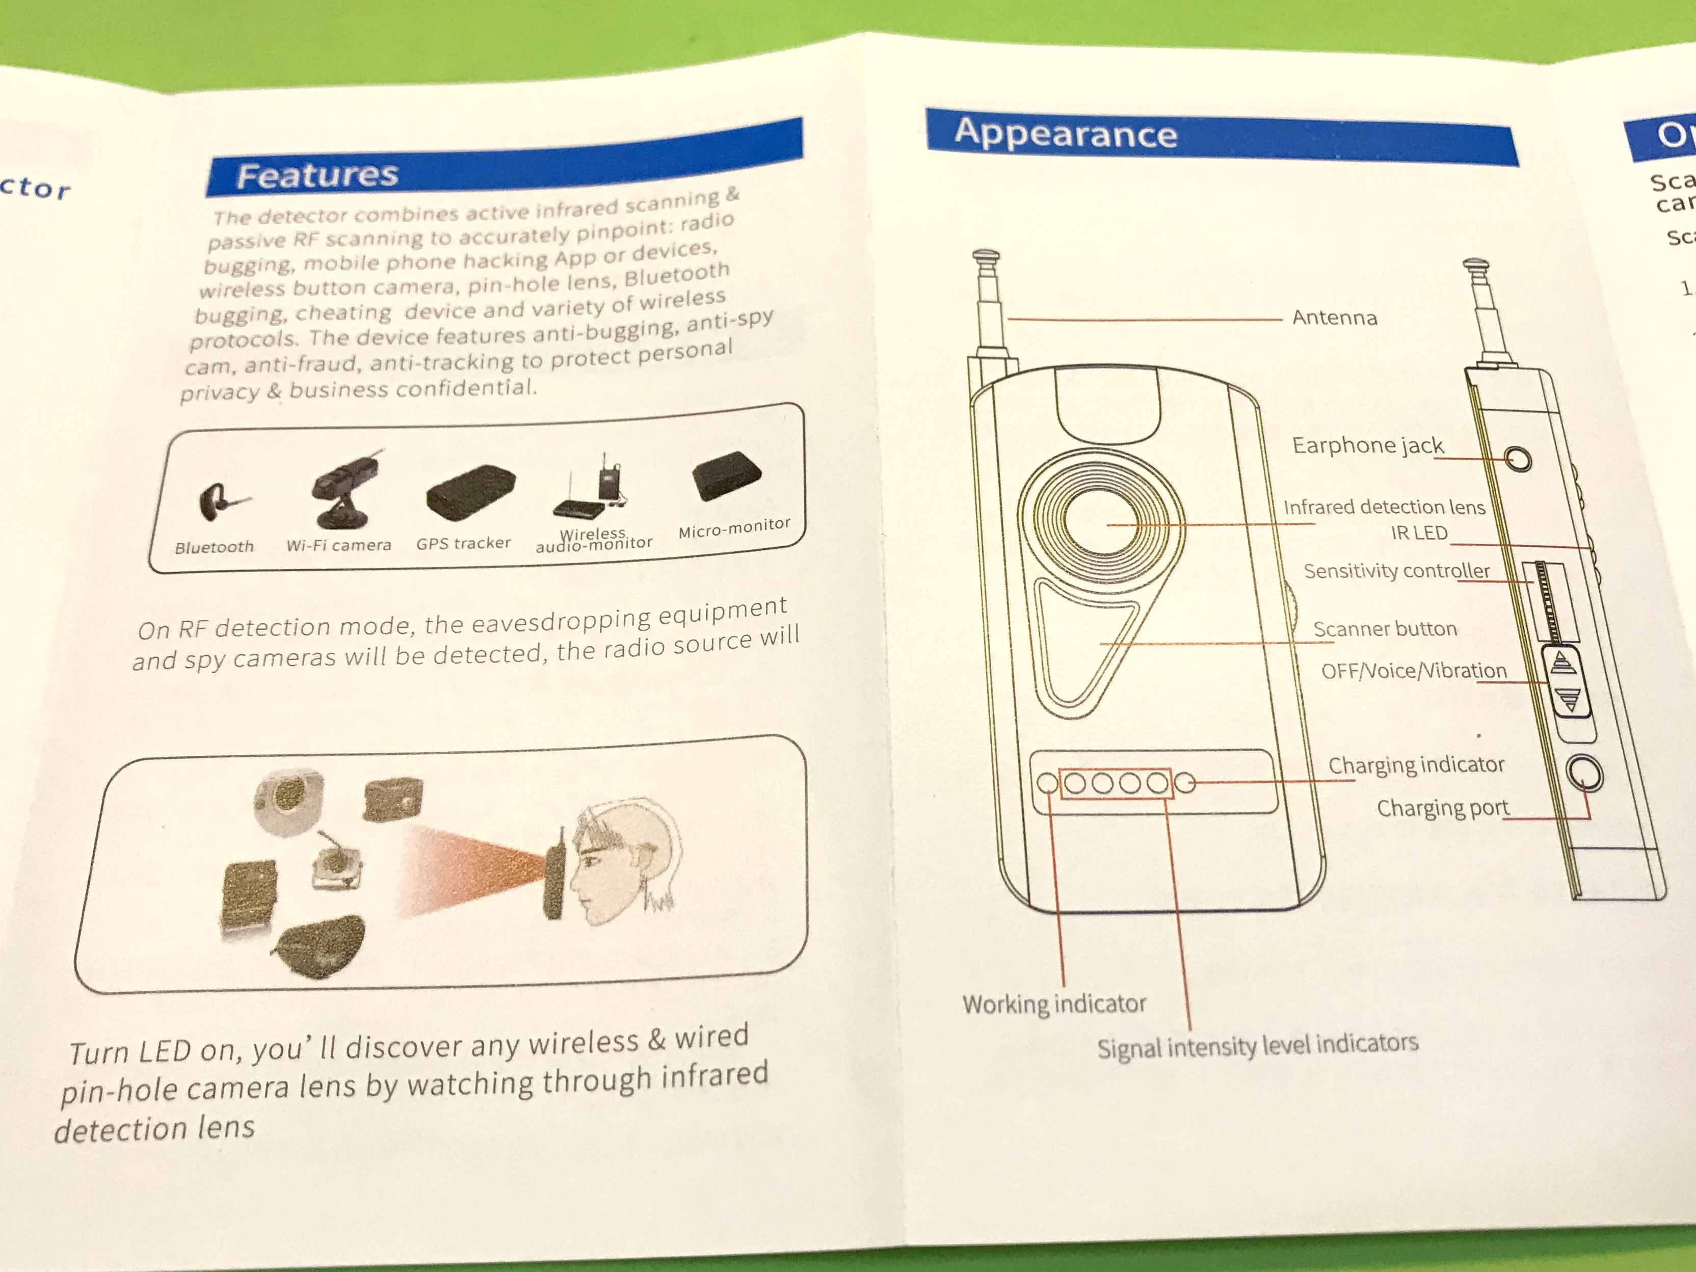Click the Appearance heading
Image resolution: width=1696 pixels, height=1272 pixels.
[1065, 134]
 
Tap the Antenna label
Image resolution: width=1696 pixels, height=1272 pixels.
[1334, 317]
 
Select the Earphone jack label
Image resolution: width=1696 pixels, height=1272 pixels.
[1367, 445]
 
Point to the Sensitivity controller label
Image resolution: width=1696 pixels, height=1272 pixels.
[1396, 571]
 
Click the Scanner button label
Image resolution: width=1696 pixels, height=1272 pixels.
[1385, 629]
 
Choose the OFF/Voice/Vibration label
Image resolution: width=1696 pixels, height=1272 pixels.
[1414, 671]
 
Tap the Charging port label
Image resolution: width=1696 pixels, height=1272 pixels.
[1442, 808]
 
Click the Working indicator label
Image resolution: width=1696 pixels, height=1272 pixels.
[1054, 1003]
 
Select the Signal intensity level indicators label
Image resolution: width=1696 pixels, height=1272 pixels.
[1257, 1046]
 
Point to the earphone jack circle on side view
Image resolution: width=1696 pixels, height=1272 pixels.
[1517, 459]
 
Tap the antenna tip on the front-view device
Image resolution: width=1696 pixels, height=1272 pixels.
[986, 257]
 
